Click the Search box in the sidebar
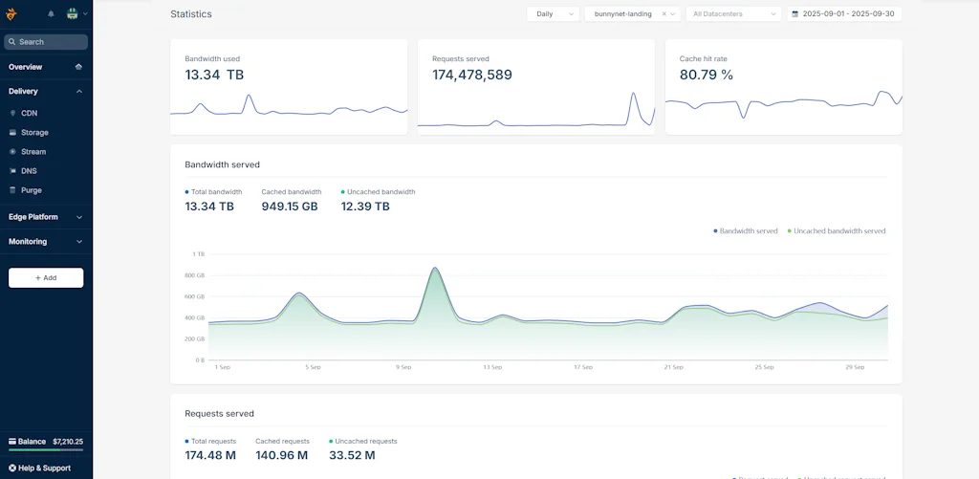46,42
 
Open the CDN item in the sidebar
29,113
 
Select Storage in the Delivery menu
34,133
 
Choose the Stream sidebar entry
33,152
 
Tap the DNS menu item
29,171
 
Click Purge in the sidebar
32,190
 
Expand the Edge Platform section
46,217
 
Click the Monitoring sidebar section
46,242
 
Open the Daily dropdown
553,14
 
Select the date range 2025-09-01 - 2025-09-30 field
844,14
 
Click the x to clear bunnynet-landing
664,14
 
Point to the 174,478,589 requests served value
472,75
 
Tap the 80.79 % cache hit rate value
707,75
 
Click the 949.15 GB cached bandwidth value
290,207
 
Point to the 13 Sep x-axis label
492,367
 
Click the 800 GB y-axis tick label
195,275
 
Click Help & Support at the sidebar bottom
44,468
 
